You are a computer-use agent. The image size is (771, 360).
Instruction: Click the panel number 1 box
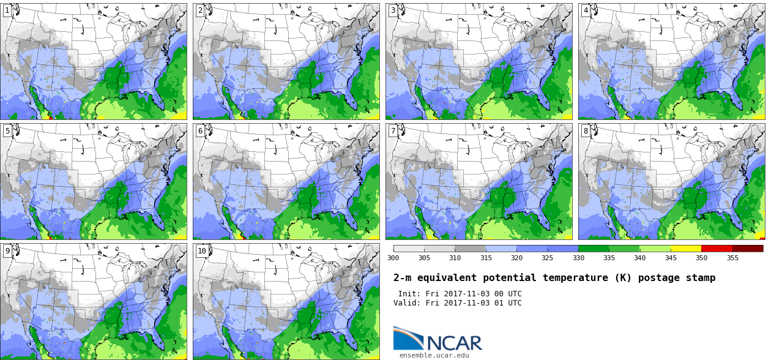tap(7, 11)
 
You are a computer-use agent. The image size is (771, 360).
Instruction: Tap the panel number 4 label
tap(586, 11)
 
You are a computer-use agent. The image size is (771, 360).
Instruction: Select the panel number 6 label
tap(200, 131)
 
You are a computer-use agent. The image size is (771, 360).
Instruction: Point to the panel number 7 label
tap(393, 131)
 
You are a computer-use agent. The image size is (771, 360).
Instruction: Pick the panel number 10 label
tap(202, 251)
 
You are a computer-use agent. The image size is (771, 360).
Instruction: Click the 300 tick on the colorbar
tap(393, 258)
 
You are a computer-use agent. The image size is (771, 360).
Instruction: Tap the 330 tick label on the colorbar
tap(578, 258)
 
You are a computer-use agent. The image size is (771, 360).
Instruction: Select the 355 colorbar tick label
tap(732, 258)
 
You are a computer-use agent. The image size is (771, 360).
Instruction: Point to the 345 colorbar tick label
tap(671, 258)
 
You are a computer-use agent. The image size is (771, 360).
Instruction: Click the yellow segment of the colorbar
tap(686, 249)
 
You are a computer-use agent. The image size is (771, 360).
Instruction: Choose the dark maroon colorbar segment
tap(748, 249)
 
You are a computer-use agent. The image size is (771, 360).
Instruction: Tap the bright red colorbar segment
tap(717, 249)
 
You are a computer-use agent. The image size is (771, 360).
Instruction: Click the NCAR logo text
tap(455, 343)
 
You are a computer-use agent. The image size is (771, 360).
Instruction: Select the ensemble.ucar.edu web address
tap(434, 355)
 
